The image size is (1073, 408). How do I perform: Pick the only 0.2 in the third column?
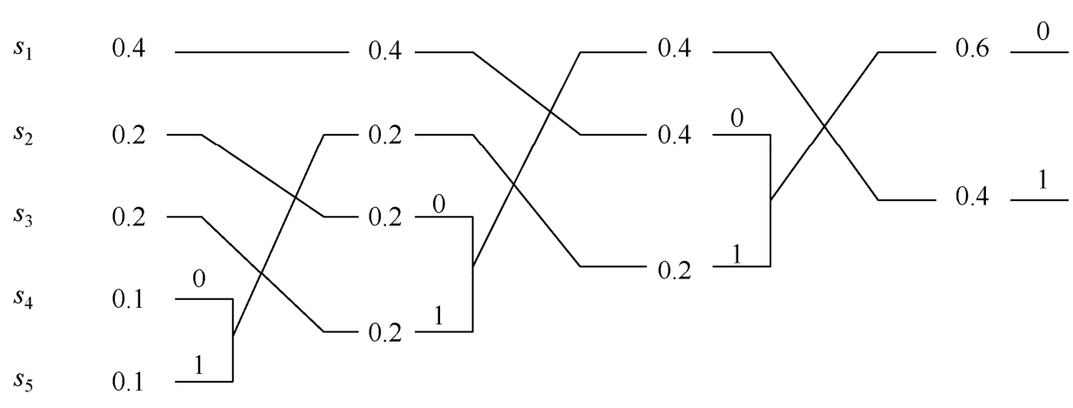[x=676, y=265]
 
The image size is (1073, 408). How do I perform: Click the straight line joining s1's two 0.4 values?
[x=261, y=53]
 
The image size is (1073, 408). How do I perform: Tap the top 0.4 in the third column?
[x=676, y=52]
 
